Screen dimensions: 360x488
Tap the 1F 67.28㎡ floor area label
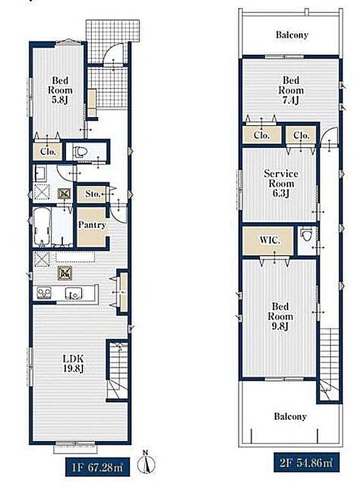coord(97,467)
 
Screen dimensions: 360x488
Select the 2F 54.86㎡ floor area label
coord(306,462)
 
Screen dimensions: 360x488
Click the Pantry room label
coord(92,224)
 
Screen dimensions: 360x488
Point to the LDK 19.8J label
coord(73,364)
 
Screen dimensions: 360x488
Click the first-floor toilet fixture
coord(80,151)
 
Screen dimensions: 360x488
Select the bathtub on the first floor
coord(41,226)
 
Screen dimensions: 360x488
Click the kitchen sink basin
coord(74,294)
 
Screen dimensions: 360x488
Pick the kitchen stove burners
coord(44,293)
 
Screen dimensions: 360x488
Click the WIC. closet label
coord(270,240)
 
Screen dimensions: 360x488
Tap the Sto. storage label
coord(93,194)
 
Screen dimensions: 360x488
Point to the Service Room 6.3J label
coord(281,184)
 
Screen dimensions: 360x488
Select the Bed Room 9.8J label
coord(280,316)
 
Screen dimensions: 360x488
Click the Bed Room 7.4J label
coord(291,90)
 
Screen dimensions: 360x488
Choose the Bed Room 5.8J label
coord(60,90)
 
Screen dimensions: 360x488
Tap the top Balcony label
coord(292,35)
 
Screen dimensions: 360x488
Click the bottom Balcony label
coord(290,416)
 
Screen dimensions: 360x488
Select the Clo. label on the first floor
coord(48,151)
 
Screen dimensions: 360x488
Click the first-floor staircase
coord(118,370)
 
